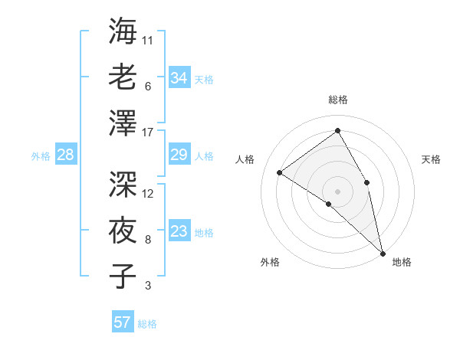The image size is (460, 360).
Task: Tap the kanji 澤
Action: point(123,122)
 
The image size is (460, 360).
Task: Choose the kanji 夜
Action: point(123,230)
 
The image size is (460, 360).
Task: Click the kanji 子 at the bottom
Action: point(123,276)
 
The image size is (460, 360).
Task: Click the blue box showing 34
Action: point(179,77)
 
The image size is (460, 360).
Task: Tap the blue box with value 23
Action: point(179,232)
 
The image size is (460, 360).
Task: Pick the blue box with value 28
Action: point(65,155)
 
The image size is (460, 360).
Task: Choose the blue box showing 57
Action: point(122,322)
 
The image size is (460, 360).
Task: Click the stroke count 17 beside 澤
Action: point(148,132)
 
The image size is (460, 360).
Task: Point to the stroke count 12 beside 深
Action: point(148,194)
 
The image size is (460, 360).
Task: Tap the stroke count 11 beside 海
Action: point(148,40)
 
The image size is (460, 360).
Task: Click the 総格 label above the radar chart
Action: point(337,100)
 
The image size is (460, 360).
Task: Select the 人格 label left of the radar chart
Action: point(245,159)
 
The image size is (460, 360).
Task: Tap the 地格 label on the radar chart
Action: point(402,263)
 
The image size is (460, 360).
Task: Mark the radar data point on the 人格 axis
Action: point(280,173)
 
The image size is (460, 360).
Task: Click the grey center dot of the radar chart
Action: point(337,191)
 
